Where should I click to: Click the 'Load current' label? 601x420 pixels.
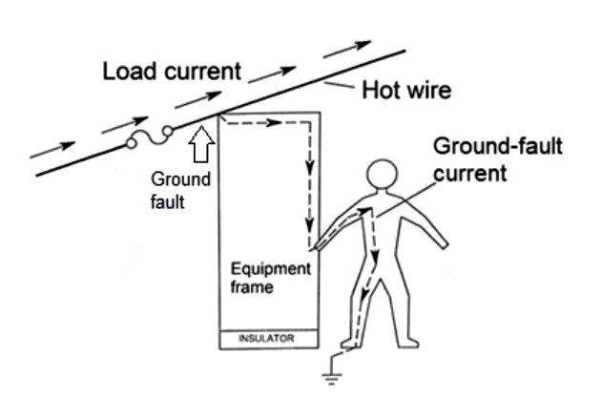[x=172, y=72]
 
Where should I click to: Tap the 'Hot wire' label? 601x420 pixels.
[x=405, y=92]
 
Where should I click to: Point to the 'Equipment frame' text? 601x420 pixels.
[x=270, y=278]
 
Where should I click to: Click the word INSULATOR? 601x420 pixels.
[x=265, y=339]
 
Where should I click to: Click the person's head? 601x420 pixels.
[x=381, y=177]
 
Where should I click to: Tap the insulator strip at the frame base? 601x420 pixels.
[x=265, y=339]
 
